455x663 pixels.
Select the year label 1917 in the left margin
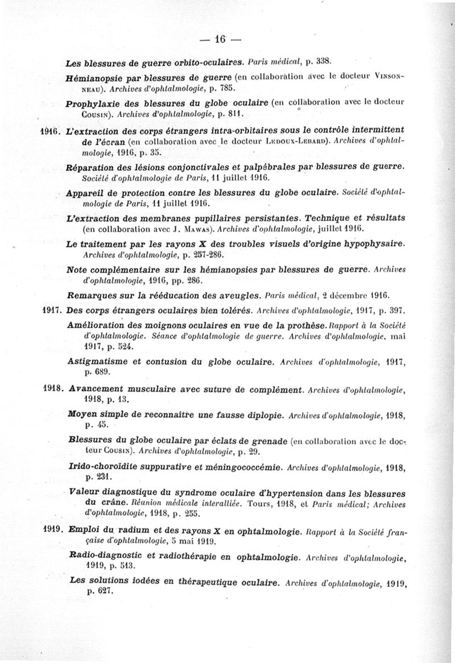click(x=53, y=311)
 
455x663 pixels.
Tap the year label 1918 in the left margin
click(x=53, y=391)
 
